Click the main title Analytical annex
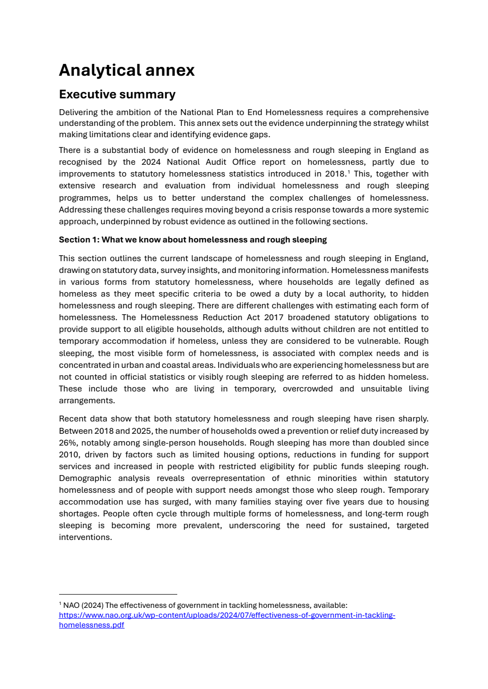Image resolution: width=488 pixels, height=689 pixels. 127,70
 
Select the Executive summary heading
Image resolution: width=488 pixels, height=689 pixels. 117,94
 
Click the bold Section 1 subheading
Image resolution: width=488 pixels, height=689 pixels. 193,240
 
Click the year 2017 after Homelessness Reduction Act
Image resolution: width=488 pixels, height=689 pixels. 273,318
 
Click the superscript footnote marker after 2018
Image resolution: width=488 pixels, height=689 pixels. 349,172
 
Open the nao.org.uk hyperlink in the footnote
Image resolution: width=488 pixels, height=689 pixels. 227,615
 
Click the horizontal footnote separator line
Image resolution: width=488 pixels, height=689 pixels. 118,594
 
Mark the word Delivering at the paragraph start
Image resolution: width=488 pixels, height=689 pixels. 78,112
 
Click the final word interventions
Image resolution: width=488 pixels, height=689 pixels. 85,538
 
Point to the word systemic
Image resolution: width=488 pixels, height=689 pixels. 412,210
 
